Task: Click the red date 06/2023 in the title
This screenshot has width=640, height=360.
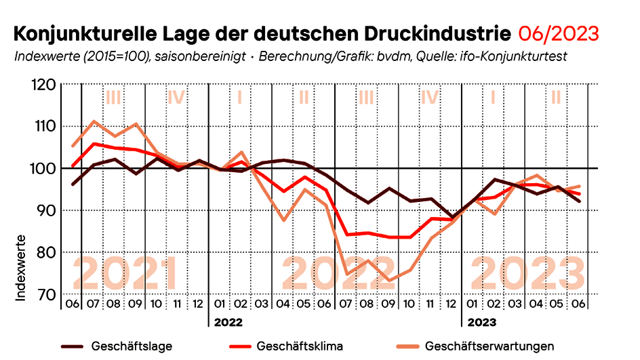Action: (x=559, y=33)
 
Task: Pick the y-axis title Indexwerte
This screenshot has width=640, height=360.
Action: (x=20, y=267)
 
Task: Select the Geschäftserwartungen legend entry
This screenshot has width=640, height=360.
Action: (x=489, y=346)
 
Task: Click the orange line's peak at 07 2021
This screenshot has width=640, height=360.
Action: (x=94, y=121)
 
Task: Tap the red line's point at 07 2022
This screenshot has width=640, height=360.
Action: (x=347, y=235)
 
